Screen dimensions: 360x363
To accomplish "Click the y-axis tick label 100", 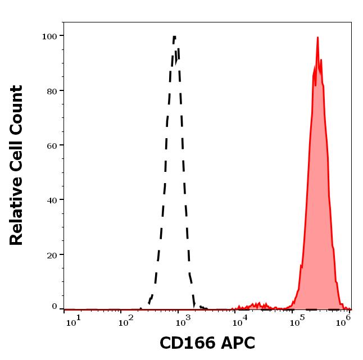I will coord(49,36).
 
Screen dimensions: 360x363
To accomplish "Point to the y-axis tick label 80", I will coord(51,90).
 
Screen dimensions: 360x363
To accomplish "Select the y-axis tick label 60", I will coord(51,145).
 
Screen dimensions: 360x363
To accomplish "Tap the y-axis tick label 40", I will coord(51,199).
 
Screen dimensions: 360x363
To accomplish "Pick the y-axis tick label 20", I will coord(51,254).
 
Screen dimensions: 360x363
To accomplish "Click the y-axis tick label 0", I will coord(55,307).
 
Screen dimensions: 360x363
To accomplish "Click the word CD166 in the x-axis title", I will coord(184,343).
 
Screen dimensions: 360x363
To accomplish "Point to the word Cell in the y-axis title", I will coord(16,158).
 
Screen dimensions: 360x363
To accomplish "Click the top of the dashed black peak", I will coord(174,37).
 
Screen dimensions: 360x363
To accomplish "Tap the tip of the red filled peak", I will coord(317,38).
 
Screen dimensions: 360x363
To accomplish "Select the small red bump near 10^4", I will coord(258,303).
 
